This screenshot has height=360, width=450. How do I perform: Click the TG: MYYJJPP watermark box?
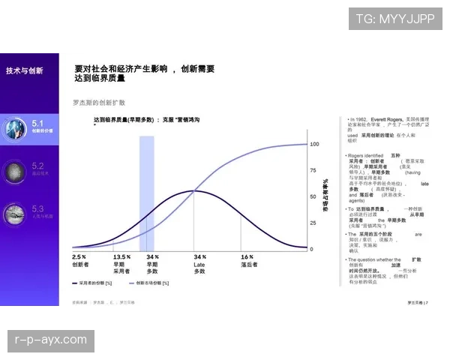point(394,18)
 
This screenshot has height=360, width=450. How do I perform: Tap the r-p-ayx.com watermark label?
point(51,340)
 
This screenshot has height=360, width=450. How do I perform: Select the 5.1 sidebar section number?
point(38,121)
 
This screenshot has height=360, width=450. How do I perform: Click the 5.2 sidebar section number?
point(38,165)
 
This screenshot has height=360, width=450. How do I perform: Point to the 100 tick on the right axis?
point(315,143)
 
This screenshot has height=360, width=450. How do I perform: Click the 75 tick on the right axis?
point(314,170)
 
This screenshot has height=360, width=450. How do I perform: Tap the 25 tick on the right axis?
point(314,223)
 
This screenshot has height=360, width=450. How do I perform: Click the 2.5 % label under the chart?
point(79,256)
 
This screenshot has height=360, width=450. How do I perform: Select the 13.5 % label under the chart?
point(121,256)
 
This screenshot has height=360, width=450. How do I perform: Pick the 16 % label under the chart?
point(247,256)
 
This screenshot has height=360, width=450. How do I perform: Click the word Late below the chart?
point(199,264)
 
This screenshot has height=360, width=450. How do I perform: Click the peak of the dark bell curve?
point(193,191)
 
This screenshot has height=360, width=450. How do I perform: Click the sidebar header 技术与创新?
point(25,70)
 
